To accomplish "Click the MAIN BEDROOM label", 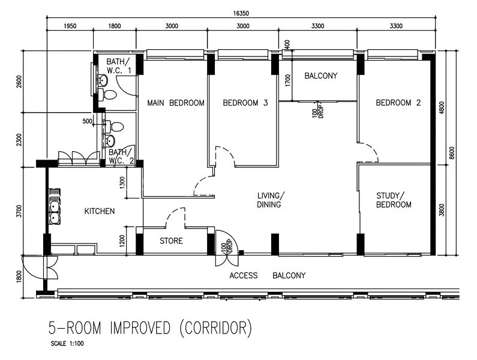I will pyautogui.click(x=176, y=103).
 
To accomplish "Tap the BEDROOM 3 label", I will pyautogui.click(x=245, y=103).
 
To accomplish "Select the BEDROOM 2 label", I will pyautogui.click(x=398, y=103).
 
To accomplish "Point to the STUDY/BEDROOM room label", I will pyautogui.click(x=394, y=200).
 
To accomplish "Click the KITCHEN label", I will pyautogui.click(x=99, y=211).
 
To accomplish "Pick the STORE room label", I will pyautogui.click(x=171, y=241).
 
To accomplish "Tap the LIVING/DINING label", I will pyautogui.click(x=271, y=200).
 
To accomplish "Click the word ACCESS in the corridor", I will pyautogui.click(x=244, y=275).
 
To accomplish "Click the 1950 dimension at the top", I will pyautogui.click(x=70, y=26).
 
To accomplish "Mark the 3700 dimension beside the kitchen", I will pyautogui.click(x=20, y=212).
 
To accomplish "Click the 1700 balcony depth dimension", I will pyautogui.click(x=288, y=80).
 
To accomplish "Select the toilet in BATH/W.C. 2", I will pyautogui.click(x=116, y=127).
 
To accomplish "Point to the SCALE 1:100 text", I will pyautogui.click(x=67, y=344).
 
